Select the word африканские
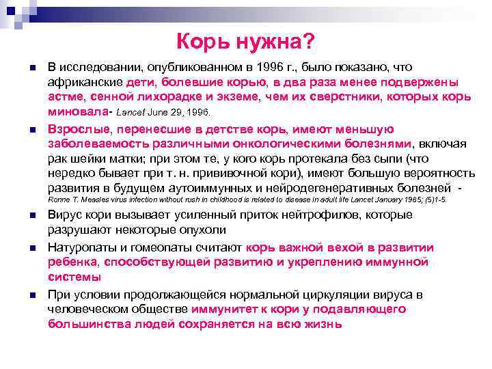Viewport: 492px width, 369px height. pyautogui.click(x=85, y=81)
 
